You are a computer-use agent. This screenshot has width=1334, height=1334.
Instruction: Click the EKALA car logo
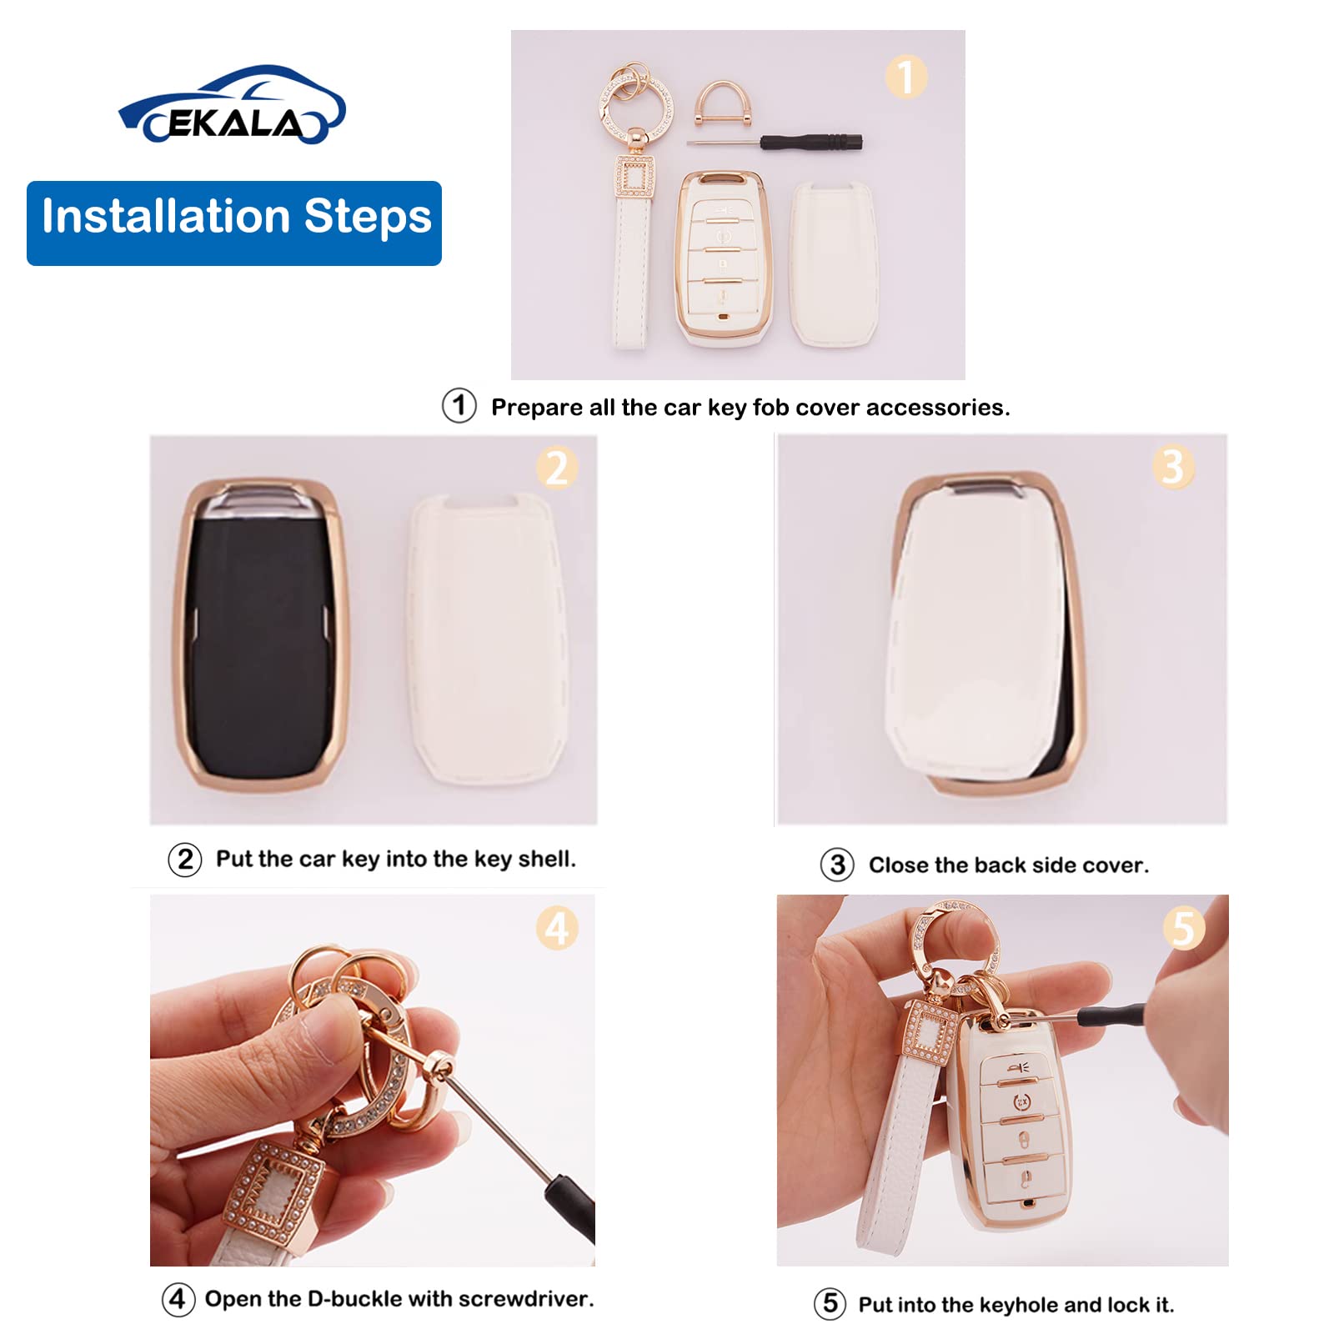click(x=232, y=107)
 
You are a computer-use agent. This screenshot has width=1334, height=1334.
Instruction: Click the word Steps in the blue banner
click(x=368, y=217)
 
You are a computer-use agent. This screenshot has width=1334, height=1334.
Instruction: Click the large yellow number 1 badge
click(x=905, y=77)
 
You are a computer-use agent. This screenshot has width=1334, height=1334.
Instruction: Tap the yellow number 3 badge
click(x=1173, y=466)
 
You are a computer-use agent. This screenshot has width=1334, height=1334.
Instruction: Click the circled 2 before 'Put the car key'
click(x=185, y=859)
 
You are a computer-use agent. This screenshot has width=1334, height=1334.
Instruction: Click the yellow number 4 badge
click(x=557, y=928)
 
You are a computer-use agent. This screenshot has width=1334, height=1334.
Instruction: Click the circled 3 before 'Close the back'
click(x=837, y=865)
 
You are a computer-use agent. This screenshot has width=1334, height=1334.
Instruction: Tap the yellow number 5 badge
click(x=1183, y=928)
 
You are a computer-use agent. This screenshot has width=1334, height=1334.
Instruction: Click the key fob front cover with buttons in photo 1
click(x=724, y=258)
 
